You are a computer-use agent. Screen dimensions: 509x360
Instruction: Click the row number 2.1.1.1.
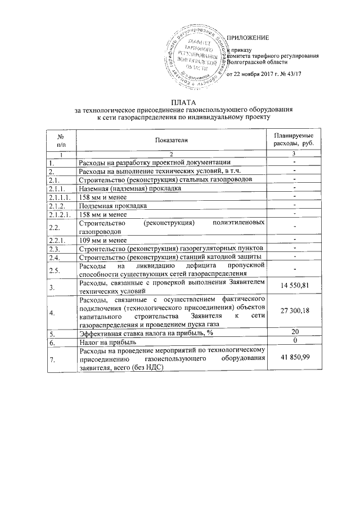60,197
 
